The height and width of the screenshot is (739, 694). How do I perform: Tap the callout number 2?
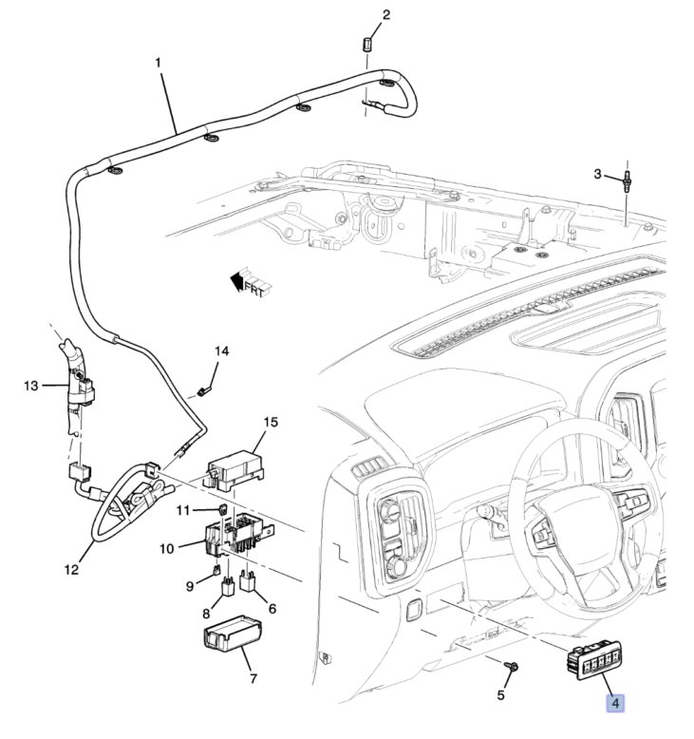[385, 14]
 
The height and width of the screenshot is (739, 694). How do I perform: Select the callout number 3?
[598, 173]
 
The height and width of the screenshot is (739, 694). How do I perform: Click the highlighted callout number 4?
[615, 703]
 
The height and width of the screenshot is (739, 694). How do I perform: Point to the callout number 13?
[30, 386]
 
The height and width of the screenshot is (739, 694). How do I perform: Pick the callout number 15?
[270, 421]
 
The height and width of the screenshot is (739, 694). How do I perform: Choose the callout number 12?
[71, 570]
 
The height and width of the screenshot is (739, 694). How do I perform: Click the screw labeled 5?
[511, 670]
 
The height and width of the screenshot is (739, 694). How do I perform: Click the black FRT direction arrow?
[234, 279]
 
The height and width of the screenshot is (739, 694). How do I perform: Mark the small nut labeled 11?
[221, 509]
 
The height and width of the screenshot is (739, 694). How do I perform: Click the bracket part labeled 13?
[78, 389]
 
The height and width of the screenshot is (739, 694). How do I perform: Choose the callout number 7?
[253, 679]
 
